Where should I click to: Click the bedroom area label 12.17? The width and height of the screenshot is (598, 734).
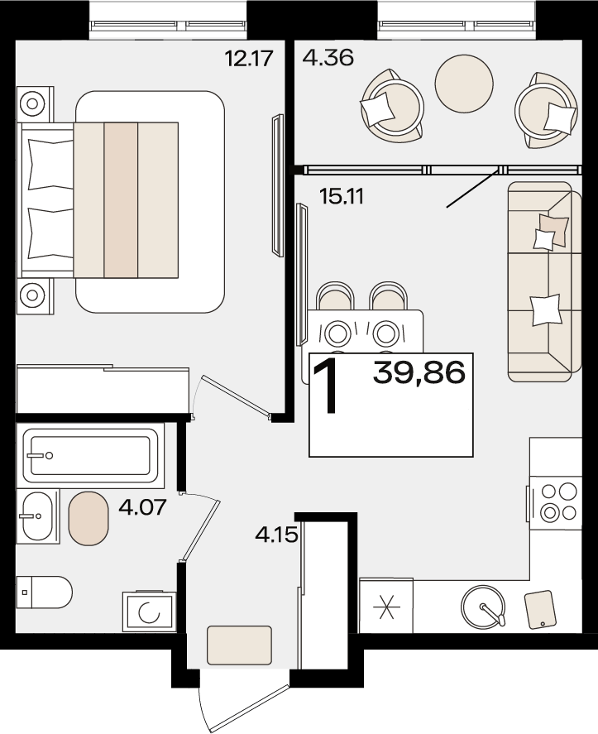[248, 59]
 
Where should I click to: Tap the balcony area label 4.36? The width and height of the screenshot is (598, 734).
[328, 58]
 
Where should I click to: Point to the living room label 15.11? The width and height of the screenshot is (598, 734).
[342, 196]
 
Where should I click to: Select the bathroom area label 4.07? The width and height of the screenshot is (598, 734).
[143, 506]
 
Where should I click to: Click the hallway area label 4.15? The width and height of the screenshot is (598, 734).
[276, 534]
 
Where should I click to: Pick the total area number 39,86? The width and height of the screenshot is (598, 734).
[419, 373]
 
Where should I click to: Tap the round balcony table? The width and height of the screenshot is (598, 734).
[464, 84]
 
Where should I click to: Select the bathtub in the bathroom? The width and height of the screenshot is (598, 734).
[90, 456]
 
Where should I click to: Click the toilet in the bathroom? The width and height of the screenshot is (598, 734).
[44, 592]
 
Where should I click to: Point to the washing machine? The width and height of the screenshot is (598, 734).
[149, 612]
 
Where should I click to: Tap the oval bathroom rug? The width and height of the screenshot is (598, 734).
[89, 518]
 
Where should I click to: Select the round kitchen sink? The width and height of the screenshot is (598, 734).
[483, 607]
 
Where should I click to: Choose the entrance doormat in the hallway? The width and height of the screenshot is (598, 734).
[239, 645]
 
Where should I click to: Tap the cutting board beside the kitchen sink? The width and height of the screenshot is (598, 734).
[542, 609]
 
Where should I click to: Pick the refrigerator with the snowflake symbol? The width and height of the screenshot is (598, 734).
[386, 606]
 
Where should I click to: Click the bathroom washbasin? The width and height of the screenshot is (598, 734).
[38, 516]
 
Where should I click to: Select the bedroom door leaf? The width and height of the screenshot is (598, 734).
[237, 396]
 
